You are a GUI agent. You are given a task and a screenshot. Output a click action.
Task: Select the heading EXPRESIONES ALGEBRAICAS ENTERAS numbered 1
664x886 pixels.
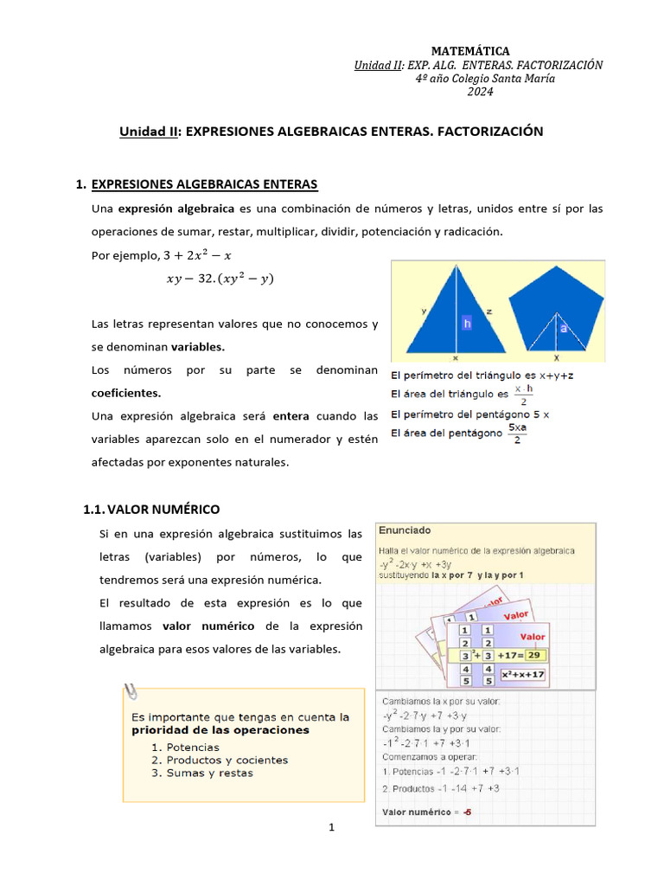pyautogui.click(x=205, y=184)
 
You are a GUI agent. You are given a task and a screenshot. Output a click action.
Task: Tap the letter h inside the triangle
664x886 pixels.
pyautogui.click(x=467, y=324)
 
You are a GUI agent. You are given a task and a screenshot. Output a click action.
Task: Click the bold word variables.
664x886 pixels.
pyautogui.click(x=197, y=347)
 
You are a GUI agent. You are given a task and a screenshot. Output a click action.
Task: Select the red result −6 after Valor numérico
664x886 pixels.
pyautogui.click(x=468, y=812)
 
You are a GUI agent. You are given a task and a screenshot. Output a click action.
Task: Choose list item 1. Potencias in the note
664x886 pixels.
pyautogui.click(x=185, y=747)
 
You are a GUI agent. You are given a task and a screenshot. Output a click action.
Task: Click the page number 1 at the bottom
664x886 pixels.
pyautogui.click(x=331, y=828)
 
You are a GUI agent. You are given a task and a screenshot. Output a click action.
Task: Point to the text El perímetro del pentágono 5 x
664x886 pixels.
pyautogui.click(x=470, y=414)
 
